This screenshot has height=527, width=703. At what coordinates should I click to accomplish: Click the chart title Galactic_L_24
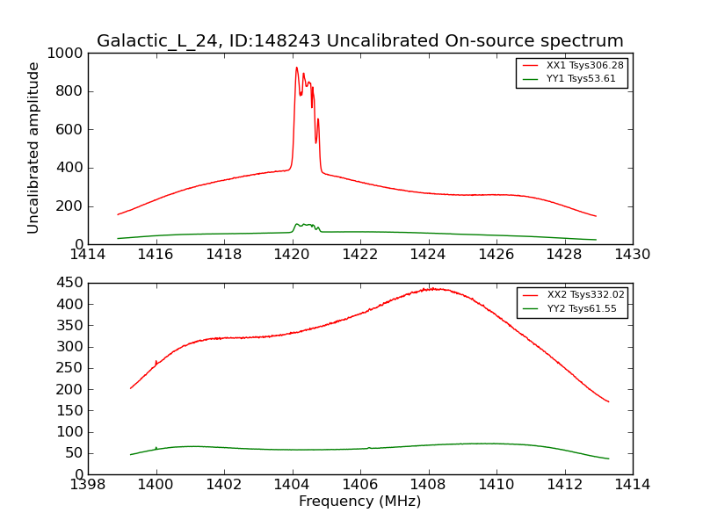(x=359, y=41)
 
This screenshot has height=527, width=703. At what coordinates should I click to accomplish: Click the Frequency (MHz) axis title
(x=359, y=502)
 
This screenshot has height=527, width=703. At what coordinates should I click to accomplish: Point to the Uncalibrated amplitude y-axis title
(x=34, y=148)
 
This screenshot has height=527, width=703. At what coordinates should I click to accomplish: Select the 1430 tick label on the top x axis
(x=632, y=255)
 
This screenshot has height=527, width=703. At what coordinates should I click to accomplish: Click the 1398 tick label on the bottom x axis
(x=88, y=484)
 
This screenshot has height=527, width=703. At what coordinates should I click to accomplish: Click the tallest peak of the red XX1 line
(x=296, y=68)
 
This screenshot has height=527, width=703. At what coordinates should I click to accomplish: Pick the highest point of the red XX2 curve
(x=431, y=288)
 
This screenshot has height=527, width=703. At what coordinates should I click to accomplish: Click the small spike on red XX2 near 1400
(x=156, y=361)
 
